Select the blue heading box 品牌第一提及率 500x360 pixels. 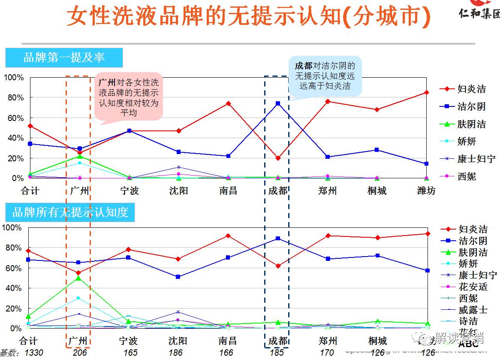tap(64, 57)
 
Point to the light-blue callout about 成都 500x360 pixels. tap(325, 76)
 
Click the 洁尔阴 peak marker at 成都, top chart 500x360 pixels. tap(278, 103)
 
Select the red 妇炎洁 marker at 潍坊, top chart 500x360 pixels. tap(426, 92)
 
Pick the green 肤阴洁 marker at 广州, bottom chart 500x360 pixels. tap(79, 278)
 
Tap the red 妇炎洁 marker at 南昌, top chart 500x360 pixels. tap(228, 103)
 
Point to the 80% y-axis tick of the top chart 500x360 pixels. tap(14, 98)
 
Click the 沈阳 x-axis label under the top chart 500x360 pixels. tap(178, 191)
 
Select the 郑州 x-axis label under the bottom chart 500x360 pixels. tap(327, 341)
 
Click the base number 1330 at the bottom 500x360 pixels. tap(33, 353)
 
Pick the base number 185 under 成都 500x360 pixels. tap(277, 353)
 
